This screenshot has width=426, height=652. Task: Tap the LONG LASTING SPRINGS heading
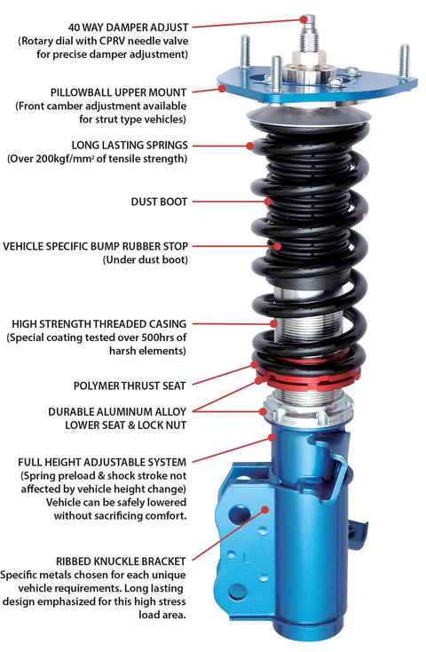(x=129, y=144)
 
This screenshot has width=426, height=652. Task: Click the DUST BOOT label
(x=157, y=202)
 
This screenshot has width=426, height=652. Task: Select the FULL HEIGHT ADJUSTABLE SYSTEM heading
(x=102, y=463)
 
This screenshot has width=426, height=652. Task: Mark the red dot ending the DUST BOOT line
(x=260, y=203)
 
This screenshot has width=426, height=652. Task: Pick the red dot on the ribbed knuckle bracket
(x=266, y=509)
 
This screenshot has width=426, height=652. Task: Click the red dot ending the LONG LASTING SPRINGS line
(x=251, y=144)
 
